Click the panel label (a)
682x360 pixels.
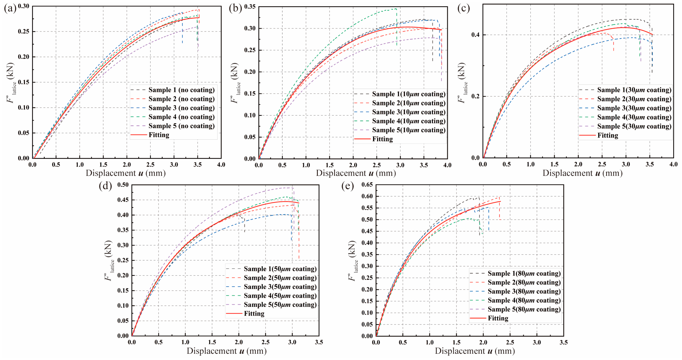tap(10, 9)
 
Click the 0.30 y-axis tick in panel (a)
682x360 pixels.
tap(23, 6)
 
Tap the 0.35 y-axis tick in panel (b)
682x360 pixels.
tap(250, 7)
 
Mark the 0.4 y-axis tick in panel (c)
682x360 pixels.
tap(475, 35)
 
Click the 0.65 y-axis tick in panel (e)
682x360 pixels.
tap(367, 185)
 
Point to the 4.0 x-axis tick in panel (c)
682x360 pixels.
tap(673, 164)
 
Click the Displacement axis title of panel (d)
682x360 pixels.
tap(227, 351)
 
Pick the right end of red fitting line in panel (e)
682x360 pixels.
tap(500, 201)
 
